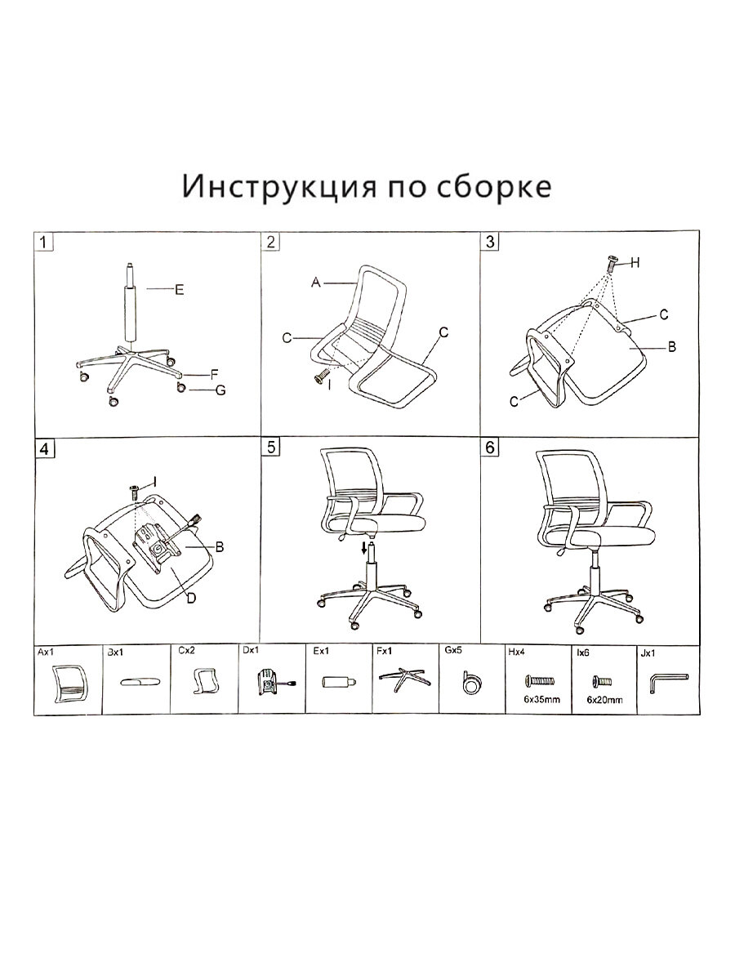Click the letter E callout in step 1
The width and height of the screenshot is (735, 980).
[x=179, y=289]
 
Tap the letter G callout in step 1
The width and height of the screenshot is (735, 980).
[x=220, y=390]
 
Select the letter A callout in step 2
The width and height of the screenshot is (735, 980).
[x=314, y=283]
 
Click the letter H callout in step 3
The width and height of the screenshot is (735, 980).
[x=635, y=262]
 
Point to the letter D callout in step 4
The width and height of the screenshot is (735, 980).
[x=190, y=599]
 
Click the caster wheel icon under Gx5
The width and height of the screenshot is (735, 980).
[x=470, y=683]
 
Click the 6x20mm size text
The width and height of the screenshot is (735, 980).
[x=604, y=700]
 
